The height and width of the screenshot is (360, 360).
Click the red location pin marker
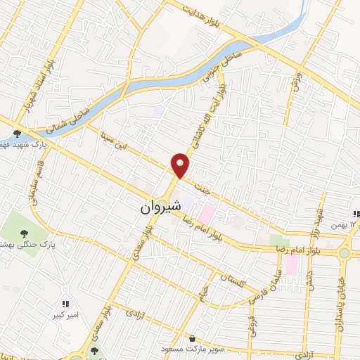tap(181, 165)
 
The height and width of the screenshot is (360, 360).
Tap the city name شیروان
tap(160, 207)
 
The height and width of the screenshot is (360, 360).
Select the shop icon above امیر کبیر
tap(65, 304)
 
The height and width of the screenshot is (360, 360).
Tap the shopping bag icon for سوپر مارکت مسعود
tap(192, 338)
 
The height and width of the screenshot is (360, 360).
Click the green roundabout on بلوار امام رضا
tap(344, 252)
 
